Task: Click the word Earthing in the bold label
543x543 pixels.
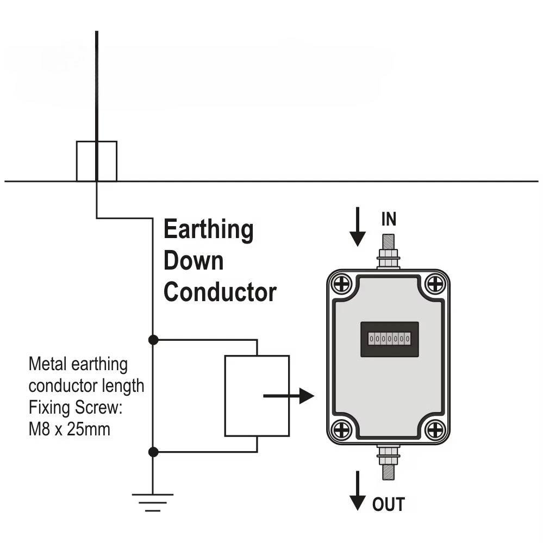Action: tap(209, 229)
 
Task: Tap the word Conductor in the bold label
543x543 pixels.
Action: tap(220, 292)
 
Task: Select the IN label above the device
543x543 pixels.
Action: tap(389, 219)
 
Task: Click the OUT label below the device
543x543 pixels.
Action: tap(389, 504)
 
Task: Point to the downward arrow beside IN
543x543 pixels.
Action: tap(358, 227)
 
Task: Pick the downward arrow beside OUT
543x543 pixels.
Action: tap(358, 491)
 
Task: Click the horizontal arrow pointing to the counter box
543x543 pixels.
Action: tap(289, 396)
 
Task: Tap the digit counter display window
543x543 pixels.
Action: tap(390, 339)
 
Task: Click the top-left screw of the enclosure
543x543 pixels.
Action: tap(342, 284)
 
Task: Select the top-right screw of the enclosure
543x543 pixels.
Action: tap(435, 284)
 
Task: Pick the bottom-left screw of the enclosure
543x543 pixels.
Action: tap(342, 430)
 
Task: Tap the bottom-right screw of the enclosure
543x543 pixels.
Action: tap(435, 430)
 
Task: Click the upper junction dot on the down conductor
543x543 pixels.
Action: tap(153, 340)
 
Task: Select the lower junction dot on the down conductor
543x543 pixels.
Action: tap(153, 452)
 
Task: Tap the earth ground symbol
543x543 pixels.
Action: tap(153, 502)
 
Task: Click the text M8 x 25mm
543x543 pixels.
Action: tap(69, 429)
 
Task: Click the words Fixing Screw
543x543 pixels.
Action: tap(76, 408)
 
